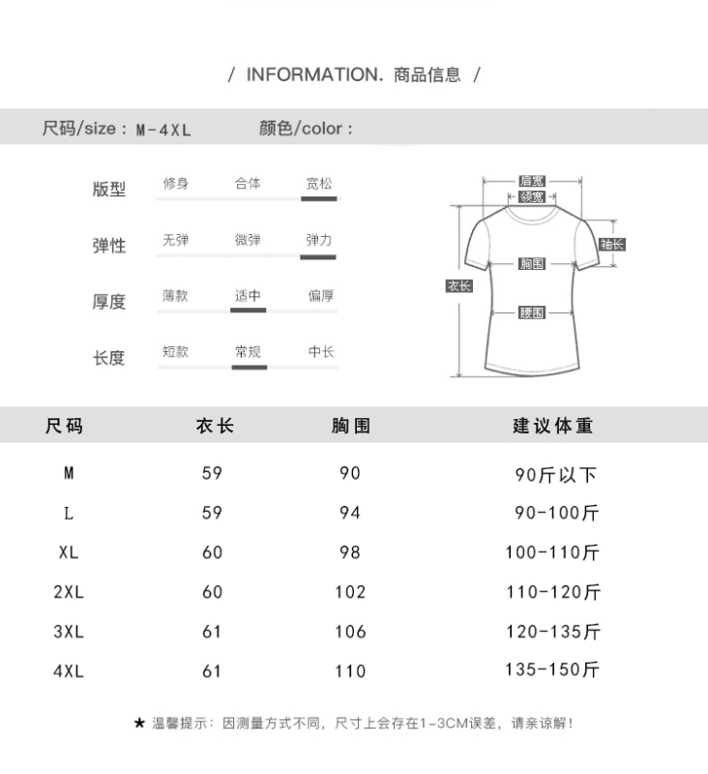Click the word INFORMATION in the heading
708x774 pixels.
314,74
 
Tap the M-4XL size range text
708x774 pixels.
163,130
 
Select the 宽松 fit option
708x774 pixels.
319,184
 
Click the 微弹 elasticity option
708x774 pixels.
248,240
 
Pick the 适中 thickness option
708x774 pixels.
248,296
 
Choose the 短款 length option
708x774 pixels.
176,352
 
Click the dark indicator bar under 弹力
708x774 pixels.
318,257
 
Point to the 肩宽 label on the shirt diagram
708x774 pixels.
532,181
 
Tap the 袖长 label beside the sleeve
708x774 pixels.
612,244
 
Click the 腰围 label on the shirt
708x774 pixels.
532,313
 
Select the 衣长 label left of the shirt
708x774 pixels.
459,285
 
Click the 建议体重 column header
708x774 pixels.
552,426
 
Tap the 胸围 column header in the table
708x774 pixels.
351,426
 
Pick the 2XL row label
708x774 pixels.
69,592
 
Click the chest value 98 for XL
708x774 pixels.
350,552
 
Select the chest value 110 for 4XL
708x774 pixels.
350,671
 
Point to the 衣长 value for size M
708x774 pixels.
212,473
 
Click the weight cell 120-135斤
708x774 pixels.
553,632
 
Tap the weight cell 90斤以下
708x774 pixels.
555,475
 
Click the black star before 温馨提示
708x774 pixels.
139,724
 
